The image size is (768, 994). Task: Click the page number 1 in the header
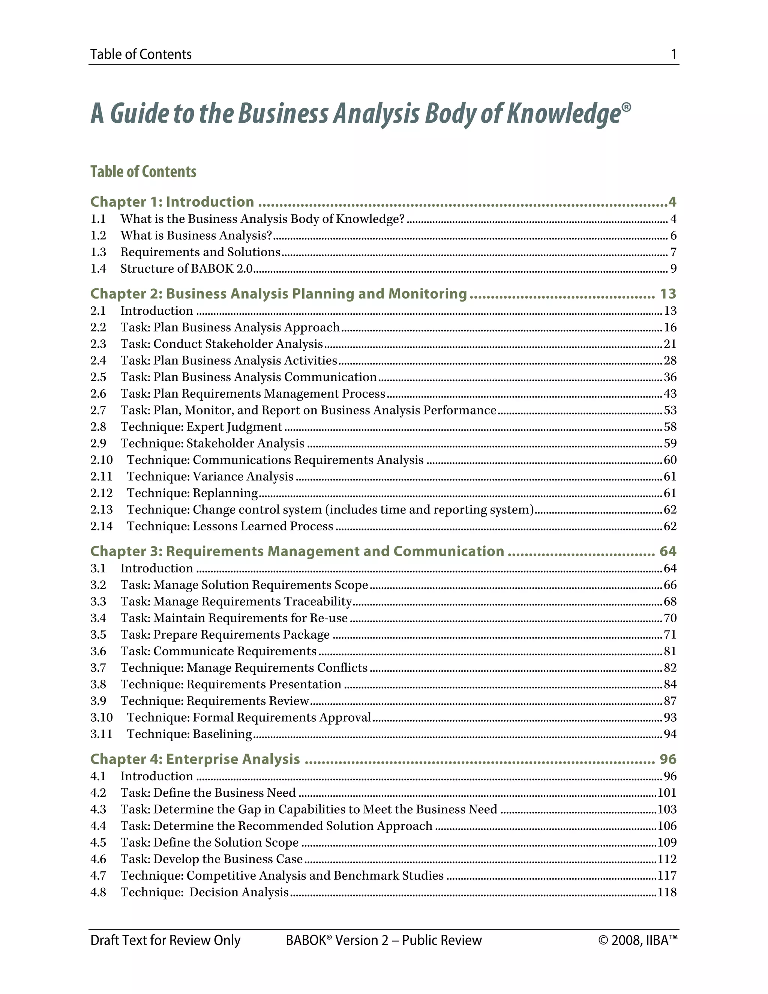pos(673,54)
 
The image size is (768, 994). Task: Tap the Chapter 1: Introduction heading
pos(172,202)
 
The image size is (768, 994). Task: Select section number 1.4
pos(98,269)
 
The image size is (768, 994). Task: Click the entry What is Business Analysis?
pos(196,235)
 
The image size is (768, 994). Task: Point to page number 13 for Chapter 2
pos(668,294)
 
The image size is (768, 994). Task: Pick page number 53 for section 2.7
pos(670,410)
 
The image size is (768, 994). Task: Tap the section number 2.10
pos(101,460)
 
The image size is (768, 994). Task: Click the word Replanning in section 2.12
pos(225,493)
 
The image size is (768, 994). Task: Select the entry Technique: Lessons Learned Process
pos(230,527)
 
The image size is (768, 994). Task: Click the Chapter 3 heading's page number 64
pos(667,551)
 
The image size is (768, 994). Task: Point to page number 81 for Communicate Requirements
pos(670,651)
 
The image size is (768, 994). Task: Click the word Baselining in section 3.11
pos(222,734)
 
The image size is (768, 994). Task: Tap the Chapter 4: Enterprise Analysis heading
pos(195,759)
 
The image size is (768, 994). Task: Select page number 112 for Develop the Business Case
pos(667,859)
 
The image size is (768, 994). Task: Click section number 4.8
pos(98,892)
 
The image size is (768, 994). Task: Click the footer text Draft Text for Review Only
pos(165,940)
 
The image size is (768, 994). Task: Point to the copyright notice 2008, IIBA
pos(638,940)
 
